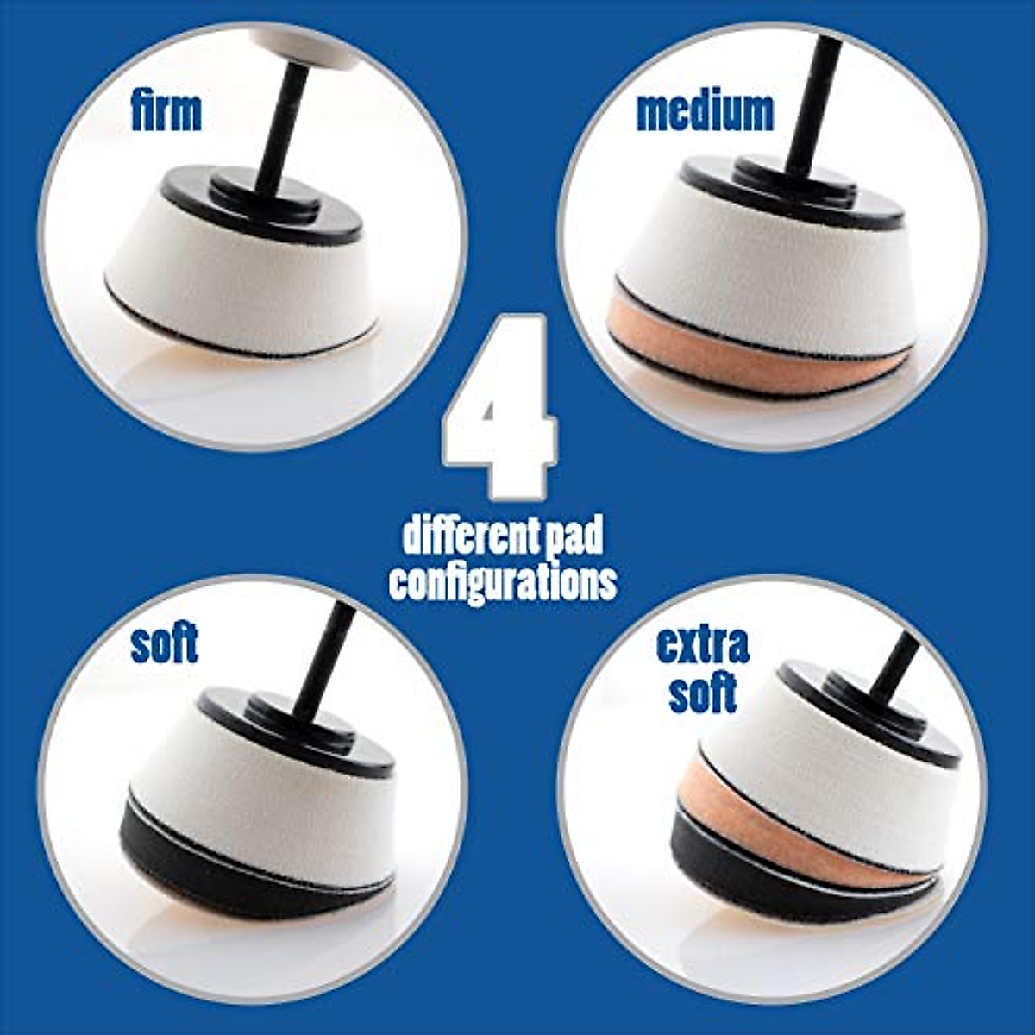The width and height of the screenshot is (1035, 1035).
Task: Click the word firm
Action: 166,113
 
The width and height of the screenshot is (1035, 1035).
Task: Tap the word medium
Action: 705,112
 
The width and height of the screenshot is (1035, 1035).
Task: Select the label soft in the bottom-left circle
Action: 164,644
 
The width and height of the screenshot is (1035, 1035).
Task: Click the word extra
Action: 702,644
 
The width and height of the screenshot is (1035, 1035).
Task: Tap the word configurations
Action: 503,582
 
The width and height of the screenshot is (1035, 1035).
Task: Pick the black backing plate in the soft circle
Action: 293,733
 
